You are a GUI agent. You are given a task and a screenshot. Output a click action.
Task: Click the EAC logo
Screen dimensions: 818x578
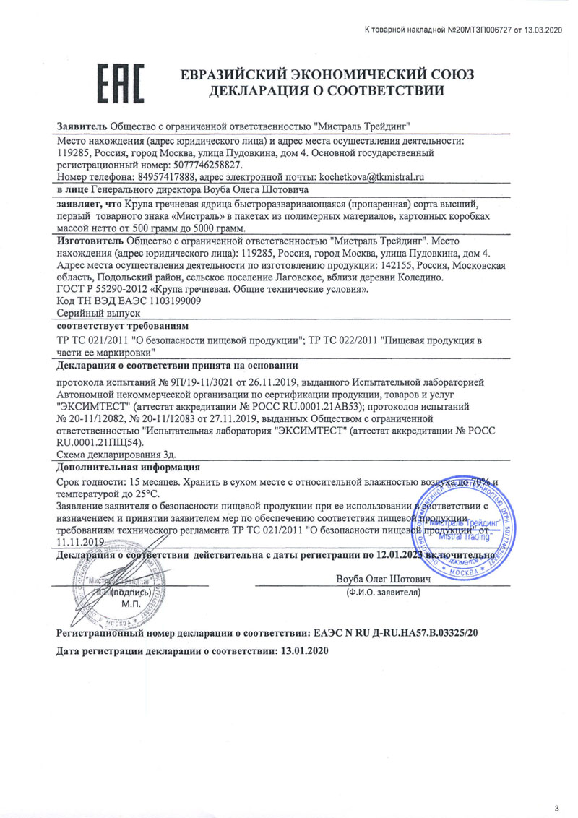pyautogui.click(x=121, y=82)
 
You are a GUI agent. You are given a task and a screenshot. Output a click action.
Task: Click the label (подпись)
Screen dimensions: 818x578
pyautogui.click(x=130, y=592)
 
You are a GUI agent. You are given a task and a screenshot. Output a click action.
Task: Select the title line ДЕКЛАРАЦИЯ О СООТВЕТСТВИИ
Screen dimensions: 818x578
pyautogui.click(x=326, y=90)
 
